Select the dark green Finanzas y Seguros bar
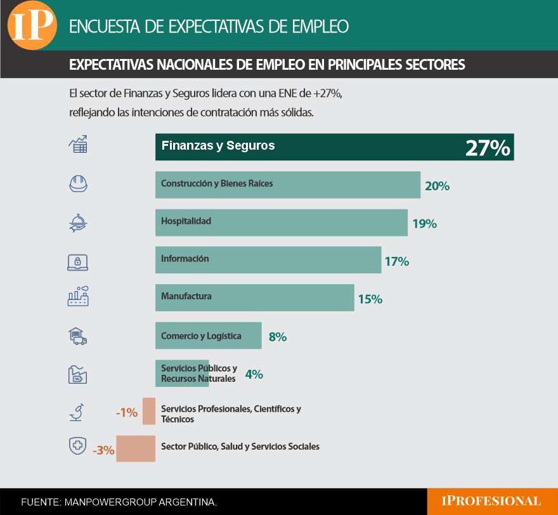334,147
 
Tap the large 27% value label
487,148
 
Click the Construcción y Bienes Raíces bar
287,185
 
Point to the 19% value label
424,224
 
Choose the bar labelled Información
268,260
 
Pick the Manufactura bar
254,297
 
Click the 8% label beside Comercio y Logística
278,337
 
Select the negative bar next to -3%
136,448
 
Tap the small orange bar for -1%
149,411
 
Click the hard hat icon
77,184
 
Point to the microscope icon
77,412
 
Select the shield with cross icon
77,447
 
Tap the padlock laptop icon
77,261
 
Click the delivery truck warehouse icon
77,336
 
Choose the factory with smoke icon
77,297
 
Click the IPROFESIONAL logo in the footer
491,501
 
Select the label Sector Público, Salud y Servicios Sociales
240,447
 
